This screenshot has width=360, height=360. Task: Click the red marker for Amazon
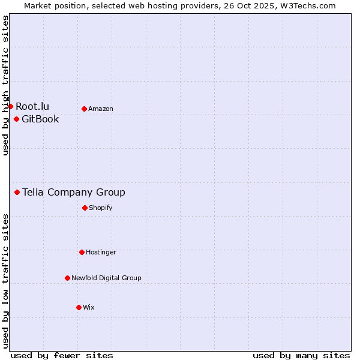[84, 109]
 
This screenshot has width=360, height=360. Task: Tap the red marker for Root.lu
[10, 106]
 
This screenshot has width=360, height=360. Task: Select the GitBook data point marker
[16, 119]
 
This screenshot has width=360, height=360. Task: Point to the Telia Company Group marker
[17, 192]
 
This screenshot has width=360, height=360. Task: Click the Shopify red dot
[85, 208]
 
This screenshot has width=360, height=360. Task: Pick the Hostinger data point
[82, 252]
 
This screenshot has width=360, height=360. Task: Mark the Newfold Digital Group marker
[67, 278]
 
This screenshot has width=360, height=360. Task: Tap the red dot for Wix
[79, 307]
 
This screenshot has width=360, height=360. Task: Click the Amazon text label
[101, 109]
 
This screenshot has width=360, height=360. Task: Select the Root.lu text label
[32, 106]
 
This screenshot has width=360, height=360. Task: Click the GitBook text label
[40, 119]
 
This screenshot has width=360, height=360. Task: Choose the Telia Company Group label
[74, 192]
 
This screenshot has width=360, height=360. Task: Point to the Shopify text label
[100, 208]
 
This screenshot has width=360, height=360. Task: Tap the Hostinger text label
[101, 252]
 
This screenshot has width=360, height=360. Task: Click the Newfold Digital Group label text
[106, 278]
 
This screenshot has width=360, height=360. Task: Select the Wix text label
[89, 307]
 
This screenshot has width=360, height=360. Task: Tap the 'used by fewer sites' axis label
[62, 355]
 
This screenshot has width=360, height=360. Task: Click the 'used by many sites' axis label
[301, 355]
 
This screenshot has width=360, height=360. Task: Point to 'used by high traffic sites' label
[5, 85]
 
